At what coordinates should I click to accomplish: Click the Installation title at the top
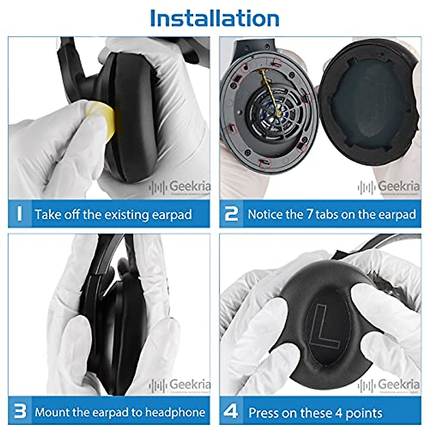coord(214,18)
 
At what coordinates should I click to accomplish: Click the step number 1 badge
coord(20,214)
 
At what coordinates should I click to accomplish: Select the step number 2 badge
coord(231,214)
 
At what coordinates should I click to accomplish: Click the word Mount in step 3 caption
coord(52,412)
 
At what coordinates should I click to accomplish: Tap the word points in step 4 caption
coord(364,413)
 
